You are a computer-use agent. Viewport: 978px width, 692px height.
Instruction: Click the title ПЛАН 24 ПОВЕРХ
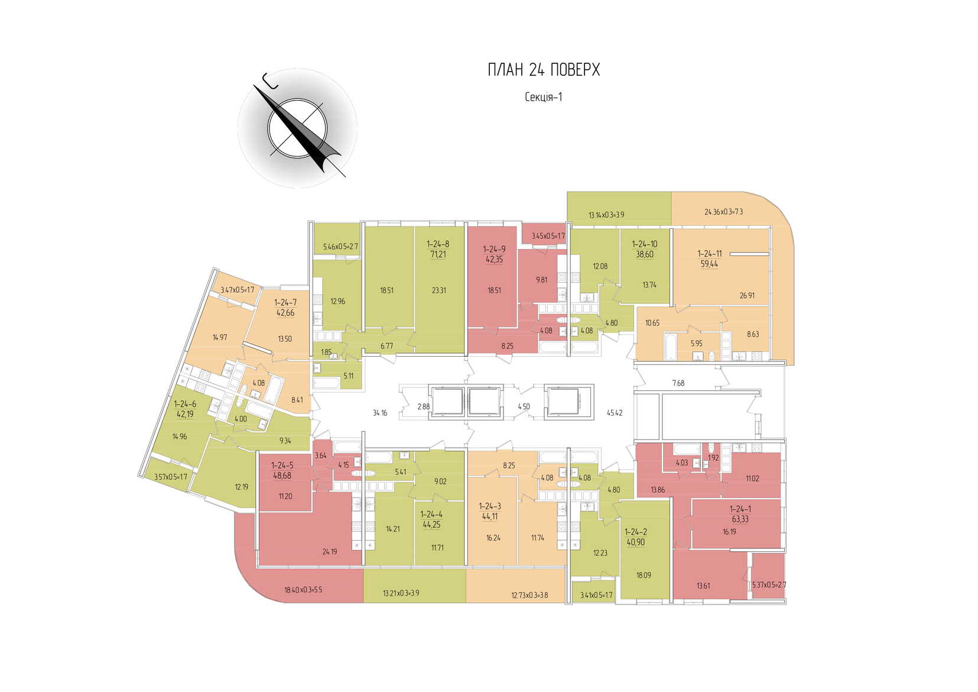[x=544, y=70]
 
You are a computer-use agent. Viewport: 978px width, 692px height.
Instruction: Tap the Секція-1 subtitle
[x=543, y=97]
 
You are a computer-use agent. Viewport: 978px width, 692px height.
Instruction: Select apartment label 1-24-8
[x=438, y=244]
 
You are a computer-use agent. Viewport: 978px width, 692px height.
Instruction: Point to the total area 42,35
[x=494, y=259]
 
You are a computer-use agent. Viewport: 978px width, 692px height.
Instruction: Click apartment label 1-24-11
[x=709, y=254]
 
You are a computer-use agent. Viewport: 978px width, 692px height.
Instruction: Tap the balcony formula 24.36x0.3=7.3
[x=723, y=212]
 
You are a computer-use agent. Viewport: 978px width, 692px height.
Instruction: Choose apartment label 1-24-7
[x=285, y=302]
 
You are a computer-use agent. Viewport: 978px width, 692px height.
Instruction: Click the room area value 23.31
[x=438, y=290]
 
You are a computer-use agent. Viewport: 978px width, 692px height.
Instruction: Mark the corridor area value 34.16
[x=380, y=413]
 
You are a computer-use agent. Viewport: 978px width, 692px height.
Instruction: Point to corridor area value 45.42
[x=615, y=413]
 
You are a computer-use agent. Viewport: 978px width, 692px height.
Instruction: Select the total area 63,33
[x=740, y=519]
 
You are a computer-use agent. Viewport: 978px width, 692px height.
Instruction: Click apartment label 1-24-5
[x=282, y=465]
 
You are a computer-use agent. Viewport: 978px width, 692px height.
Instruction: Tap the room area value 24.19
[x=330, y=552]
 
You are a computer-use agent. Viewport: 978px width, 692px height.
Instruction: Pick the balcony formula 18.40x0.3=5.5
[x=303, y=590]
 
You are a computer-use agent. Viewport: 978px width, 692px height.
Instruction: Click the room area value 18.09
[x=644, y=575]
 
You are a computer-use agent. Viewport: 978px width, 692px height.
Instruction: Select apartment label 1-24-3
[x=490, y=506]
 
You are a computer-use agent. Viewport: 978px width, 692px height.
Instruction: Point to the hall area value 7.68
[x=678, y=383]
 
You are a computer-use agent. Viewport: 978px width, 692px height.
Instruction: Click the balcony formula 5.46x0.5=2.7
[x=340, y=247]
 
